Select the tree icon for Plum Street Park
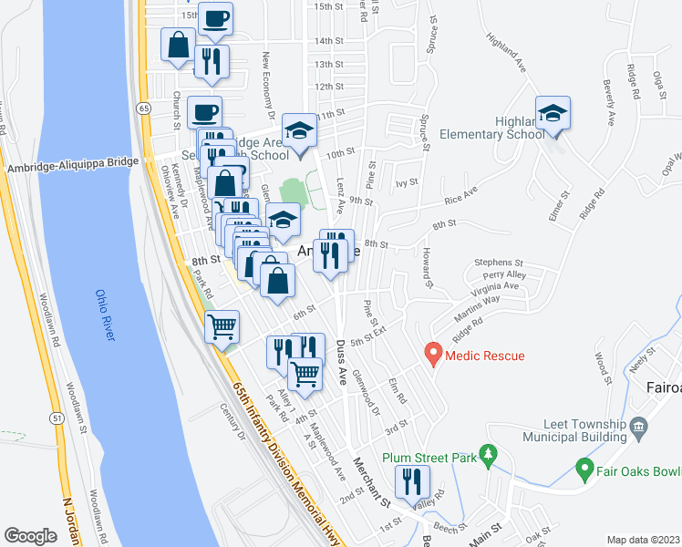[489, 454]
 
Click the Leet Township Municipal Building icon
[637, 425]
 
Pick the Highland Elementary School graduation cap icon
[553, 113]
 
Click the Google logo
[30, 536]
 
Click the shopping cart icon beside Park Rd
[222, 325]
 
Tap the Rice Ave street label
[461, 196]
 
